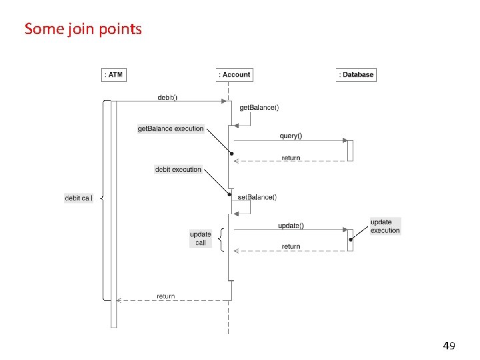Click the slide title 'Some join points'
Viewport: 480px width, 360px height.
(x=83, y=29)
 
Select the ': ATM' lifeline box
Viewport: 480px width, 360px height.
(x=114, y=75)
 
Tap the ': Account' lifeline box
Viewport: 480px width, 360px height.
(x=235, y=75)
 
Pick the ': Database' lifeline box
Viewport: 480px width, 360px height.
(x=357, y=75)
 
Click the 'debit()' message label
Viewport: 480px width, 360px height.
(x=167, y=97)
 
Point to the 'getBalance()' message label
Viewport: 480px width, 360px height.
(x=259, y=107)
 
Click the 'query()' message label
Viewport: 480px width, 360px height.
(x=291, y=136)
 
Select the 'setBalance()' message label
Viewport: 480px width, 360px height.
(x=257, y=197)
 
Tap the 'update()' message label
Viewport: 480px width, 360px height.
(x=291, y=225)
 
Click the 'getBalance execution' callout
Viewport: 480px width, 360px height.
(x=171, y=129)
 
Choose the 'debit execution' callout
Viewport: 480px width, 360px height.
(x=178, y=169)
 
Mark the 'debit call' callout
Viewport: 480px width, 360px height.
(x=79, y=198)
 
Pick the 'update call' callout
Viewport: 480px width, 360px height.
(x=201, y=238)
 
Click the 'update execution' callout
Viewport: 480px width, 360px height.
(x=385, y=226)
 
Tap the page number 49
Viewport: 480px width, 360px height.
(x=449, y=346)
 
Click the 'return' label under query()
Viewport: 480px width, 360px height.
(x=291, y=158)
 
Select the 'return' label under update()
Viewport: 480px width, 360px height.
(x=291, y=247)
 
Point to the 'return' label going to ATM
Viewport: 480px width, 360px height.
(x=166, y=296)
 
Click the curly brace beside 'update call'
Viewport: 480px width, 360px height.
(x=221, y=238)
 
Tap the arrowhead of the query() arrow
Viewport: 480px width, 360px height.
(x=345, y=141)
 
